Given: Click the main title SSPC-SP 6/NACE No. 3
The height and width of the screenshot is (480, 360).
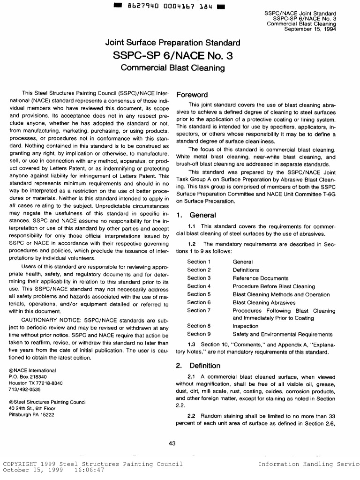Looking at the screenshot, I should point(172,56).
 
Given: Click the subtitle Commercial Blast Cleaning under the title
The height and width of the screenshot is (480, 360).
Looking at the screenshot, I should point(172,68).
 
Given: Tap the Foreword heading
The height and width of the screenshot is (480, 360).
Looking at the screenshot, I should point(192,95).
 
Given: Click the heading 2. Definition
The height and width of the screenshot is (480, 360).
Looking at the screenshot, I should point(198,366).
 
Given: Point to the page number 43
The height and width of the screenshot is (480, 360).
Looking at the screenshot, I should point(172,444).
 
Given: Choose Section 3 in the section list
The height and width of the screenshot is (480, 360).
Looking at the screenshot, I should point(199,278).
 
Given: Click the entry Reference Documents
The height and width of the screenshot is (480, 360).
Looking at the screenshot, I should point(260,278).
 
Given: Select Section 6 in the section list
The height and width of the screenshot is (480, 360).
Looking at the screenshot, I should point(199,302).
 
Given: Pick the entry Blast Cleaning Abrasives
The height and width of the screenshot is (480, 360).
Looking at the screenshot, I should point(264,302).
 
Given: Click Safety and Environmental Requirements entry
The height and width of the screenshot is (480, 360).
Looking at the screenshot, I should point(283,334).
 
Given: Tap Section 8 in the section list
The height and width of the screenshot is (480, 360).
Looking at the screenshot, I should point(199,326).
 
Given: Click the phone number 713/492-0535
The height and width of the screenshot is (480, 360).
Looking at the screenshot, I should point(25,390).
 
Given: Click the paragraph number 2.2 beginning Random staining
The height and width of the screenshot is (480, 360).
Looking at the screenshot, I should point(191,416).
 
